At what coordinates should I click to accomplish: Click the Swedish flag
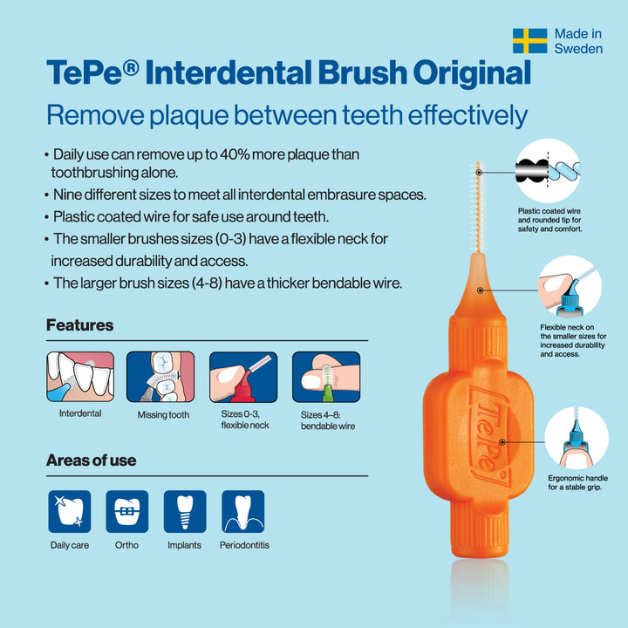[x=530, y=41]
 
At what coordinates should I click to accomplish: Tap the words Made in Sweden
[x=578, y=41]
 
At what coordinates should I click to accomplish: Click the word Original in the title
[x=472, y=72]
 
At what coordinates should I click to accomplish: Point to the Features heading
[x=79, y=324]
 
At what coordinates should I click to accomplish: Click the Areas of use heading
[x=92, y=461]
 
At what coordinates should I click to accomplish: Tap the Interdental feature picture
[x=80, y=377]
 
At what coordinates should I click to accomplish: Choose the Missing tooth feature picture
[x=160, y=377]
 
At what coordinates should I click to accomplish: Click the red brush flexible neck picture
[x=243, y=377]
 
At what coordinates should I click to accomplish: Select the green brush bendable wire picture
[x=326, y=377]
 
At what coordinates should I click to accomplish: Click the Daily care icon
[x=70, y=511]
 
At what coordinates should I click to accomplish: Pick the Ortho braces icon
[x=127, y=511]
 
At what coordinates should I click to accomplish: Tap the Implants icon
[x=185, y=511]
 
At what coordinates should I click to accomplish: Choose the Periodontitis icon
[x=243, y=511]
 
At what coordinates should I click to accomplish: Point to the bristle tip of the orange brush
[x=478, y=162]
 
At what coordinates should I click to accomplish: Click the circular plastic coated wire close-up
[x=548, y=171]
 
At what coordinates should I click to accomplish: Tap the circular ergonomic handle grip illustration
[x=577, y=438]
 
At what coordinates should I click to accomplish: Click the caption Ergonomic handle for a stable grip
[x=577, y=482]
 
